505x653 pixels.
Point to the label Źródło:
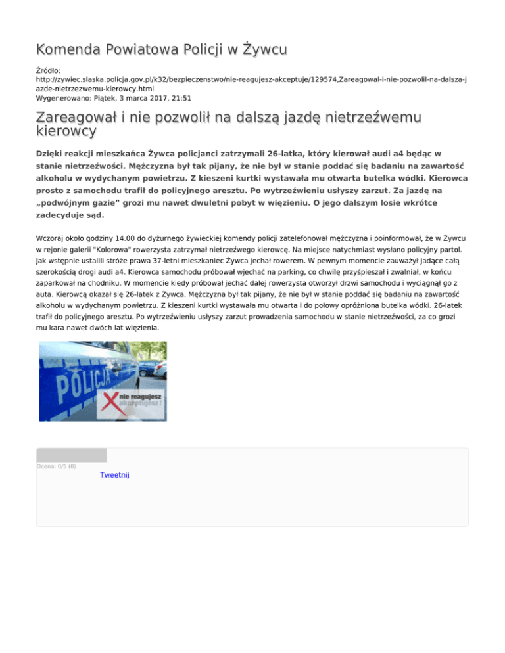(49, 68)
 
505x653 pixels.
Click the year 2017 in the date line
(156, 97)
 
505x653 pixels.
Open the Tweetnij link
(114, 474)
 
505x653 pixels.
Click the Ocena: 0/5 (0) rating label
(56, 466)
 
